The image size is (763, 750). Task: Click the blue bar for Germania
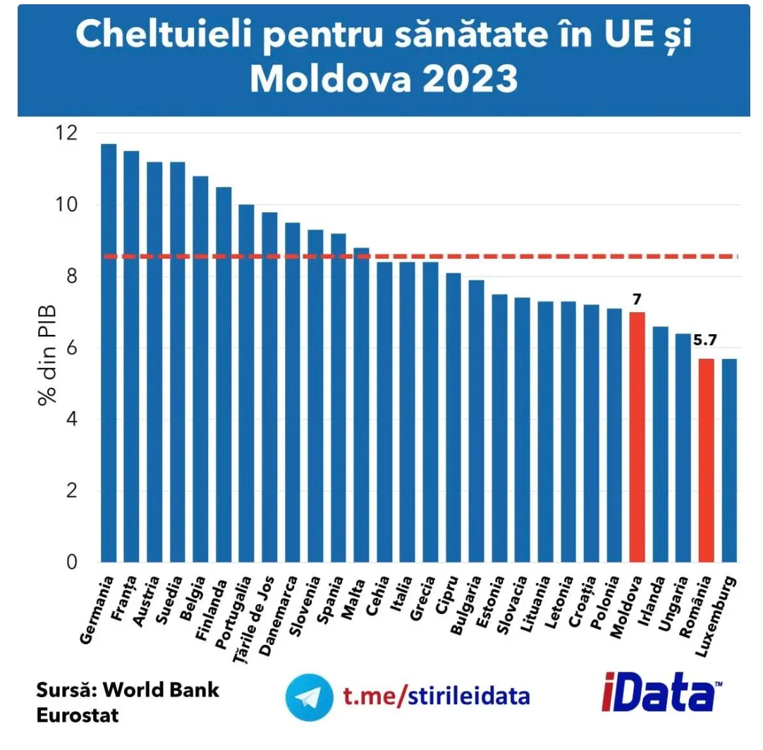(x=108, y=352)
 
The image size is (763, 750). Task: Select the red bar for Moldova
(x=637, y=437)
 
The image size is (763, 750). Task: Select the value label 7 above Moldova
(x=637, y=298)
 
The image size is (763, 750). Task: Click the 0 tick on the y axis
(x=72, y=562)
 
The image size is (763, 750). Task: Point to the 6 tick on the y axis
(x=72, y=348)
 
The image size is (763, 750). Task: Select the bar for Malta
(x=361, y=405)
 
